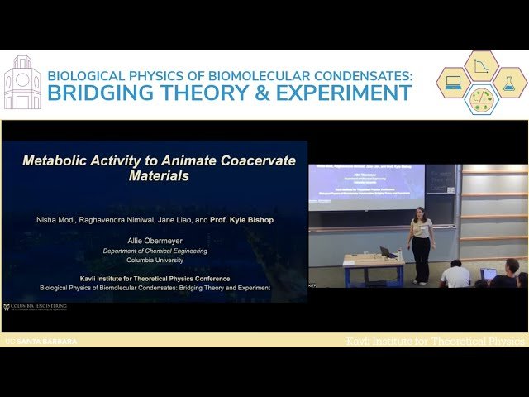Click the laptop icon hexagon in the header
pos(454,83)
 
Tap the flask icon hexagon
pos(509,83)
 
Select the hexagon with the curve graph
pos(482,66)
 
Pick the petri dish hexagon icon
pos(482,98)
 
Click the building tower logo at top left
pos(22,84)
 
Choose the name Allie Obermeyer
pos(155,240)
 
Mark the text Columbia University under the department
pos(155,260)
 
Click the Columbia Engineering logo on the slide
pos(36,306)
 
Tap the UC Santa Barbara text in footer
pos(41,341)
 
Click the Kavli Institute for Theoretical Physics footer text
pos(435,341)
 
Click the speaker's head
pos(420,213)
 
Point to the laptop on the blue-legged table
pos(386,251)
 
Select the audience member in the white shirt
pos(455,275)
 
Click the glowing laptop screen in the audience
pos(488,274)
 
